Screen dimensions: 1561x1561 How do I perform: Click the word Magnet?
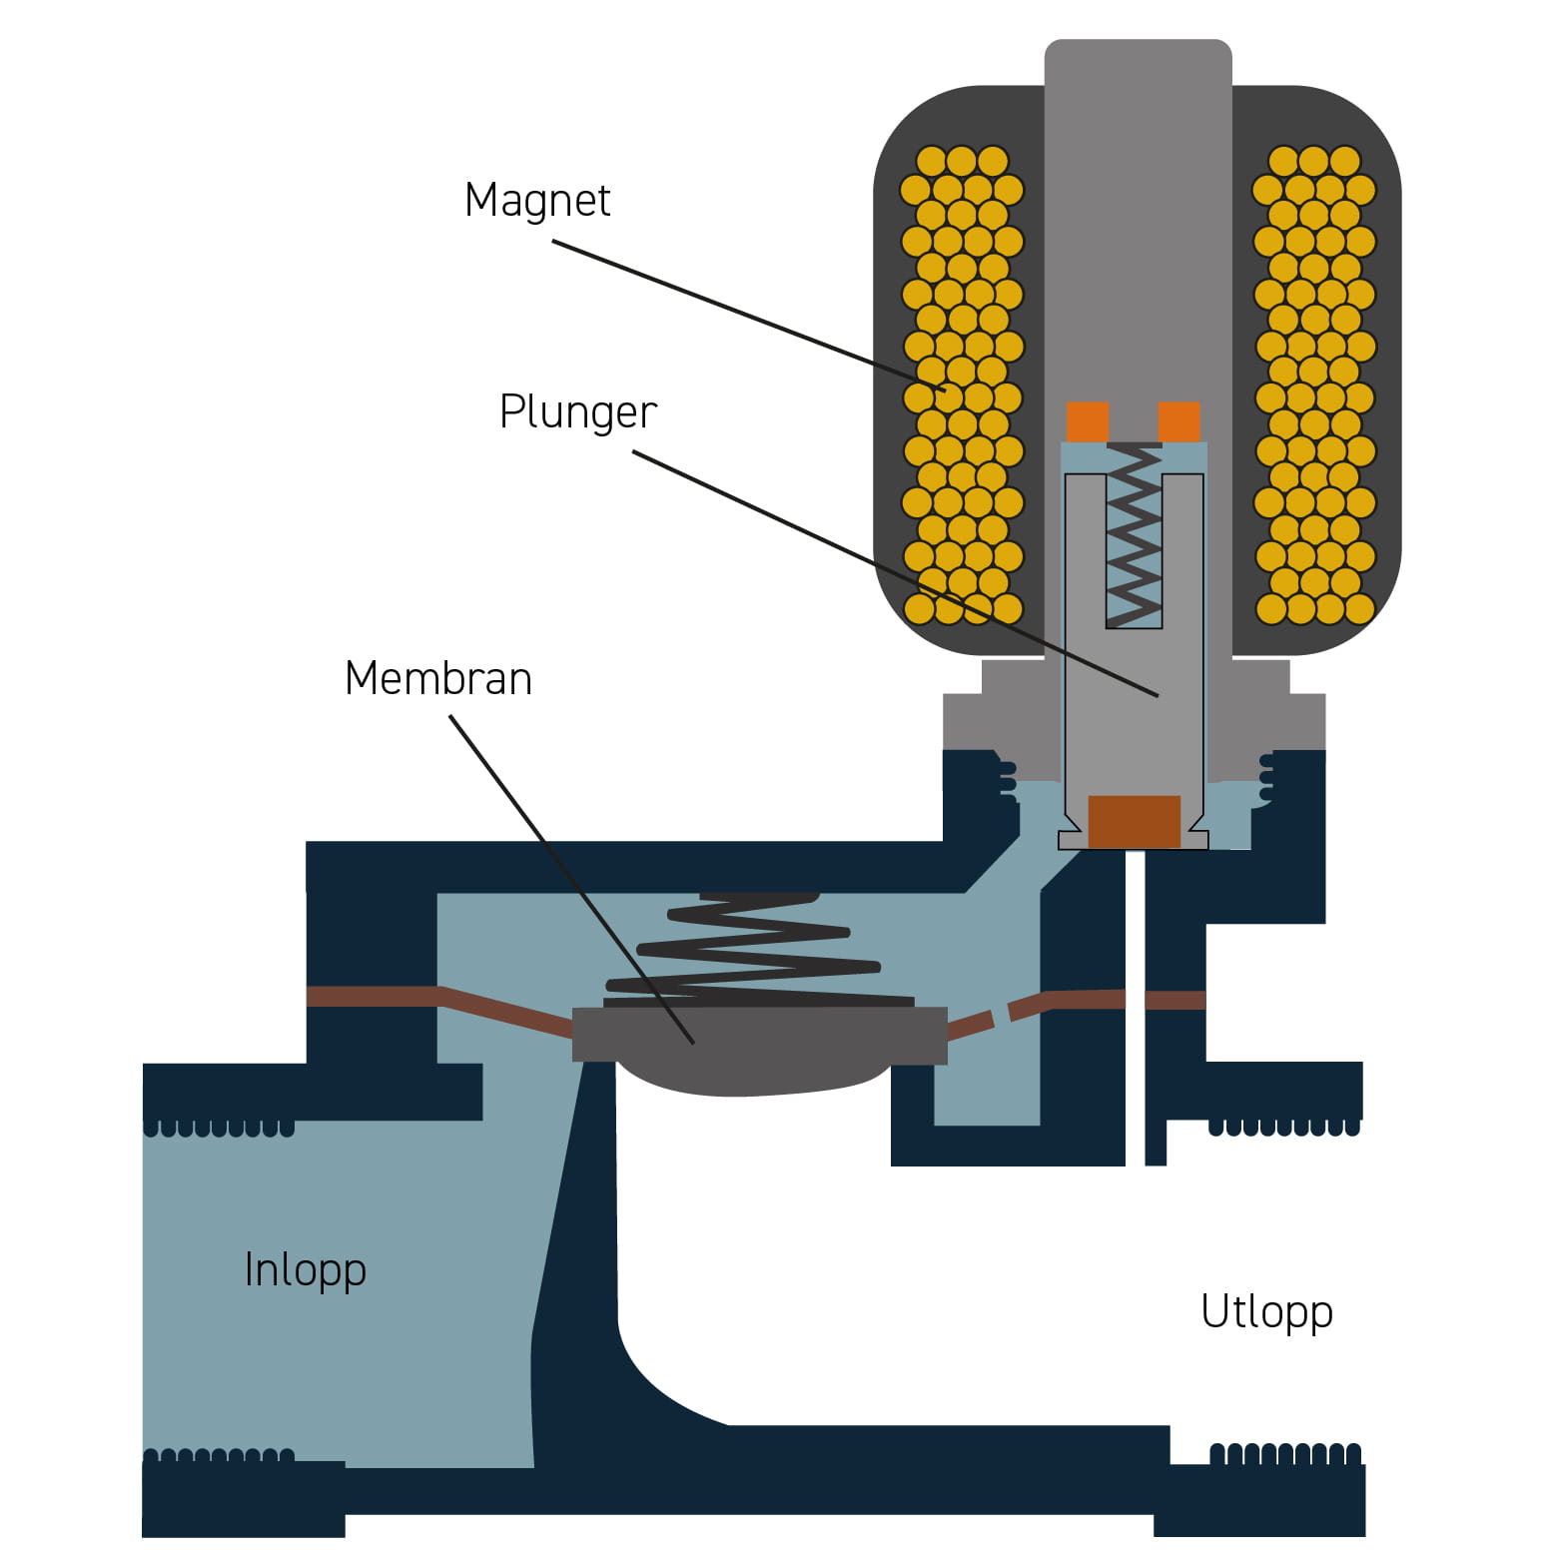pos(537,201)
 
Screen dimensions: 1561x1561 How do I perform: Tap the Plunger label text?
pos(577,411)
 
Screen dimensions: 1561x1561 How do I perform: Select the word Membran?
pos(438,679)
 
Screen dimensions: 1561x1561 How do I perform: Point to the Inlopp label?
pos(305,1270)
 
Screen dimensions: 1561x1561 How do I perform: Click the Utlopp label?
pos(1266,1312)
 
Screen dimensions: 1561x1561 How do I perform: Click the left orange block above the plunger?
pos(1088,421)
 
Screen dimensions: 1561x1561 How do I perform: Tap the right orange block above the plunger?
pos(1178,421)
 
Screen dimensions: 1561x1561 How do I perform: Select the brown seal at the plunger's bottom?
pos(1134,821)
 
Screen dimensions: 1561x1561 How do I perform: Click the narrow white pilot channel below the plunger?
pos(1135,999)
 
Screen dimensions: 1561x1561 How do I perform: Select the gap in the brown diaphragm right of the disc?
pos(1002,1016)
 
